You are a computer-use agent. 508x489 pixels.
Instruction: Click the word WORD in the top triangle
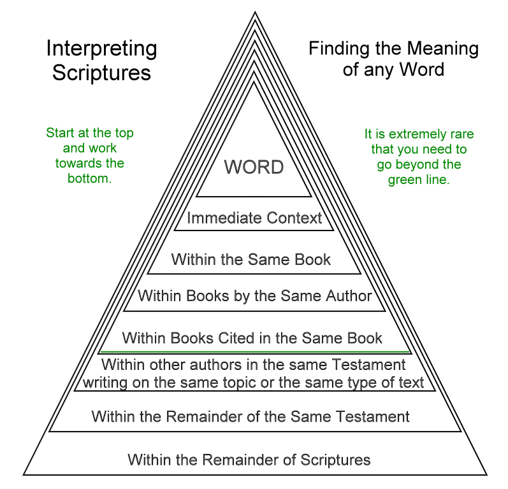(254, 167)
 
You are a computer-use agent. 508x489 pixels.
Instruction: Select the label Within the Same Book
(251, 259)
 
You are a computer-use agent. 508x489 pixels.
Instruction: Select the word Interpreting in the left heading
(101, 48)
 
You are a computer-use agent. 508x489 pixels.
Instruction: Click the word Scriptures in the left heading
(101, 72)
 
